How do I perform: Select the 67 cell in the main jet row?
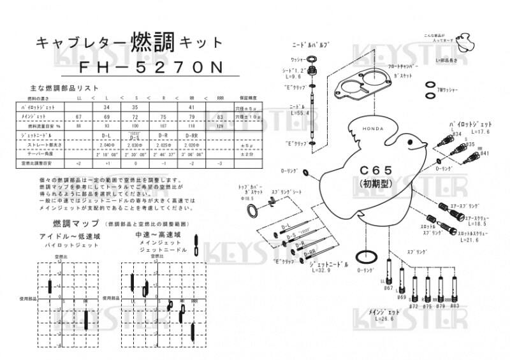[78, 117]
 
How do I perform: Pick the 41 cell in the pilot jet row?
[190, 108]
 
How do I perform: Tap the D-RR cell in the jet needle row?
[190, 136]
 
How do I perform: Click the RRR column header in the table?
[221, 98]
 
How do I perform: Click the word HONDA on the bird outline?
[374, 129]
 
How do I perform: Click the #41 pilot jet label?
[484, 154]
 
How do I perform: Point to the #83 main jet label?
[454, 306]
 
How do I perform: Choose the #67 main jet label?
[388, 288]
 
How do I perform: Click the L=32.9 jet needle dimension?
[321, 270]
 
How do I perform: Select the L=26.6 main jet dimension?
[386, 318]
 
